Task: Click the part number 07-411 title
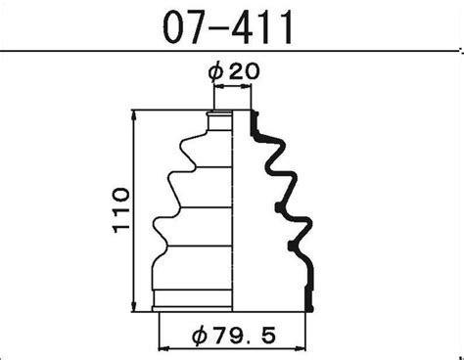coord(227,26)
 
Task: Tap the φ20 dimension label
coord(234,71)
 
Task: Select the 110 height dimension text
coord(121,210)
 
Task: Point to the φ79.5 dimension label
coord(234,336)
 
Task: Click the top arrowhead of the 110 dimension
coord(133,115)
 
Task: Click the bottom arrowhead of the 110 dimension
coord(133,306)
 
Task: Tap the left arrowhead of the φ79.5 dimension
coord(163,348)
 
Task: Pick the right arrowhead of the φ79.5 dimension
coord(301,348)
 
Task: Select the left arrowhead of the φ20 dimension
coord(219,86)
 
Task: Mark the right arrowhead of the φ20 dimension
coord(246,86)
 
